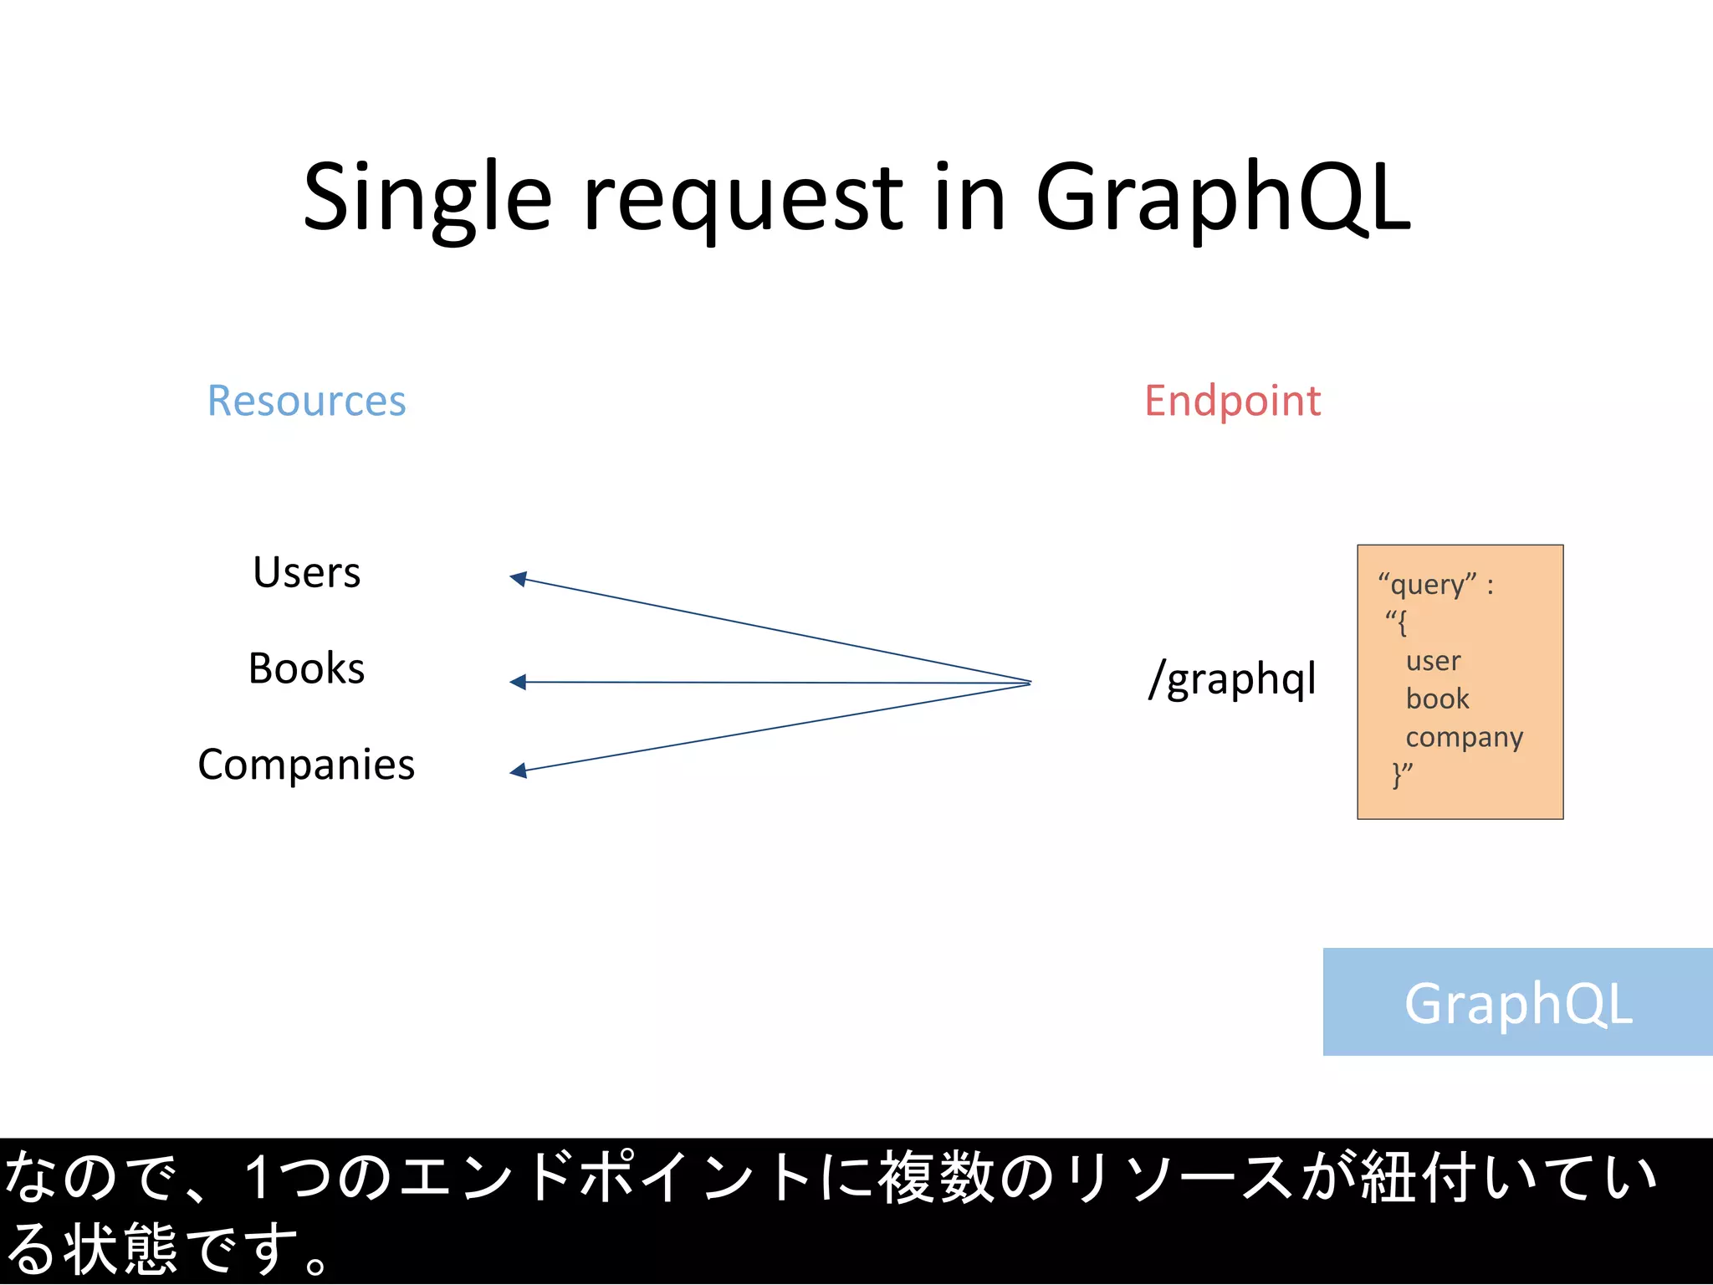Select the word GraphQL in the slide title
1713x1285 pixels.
click(x=1223, y=199)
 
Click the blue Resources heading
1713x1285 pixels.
click(x=306, y=401)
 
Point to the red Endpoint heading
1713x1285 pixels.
click(x=1232, y=401)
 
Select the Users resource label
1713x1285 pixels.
click(x=306, y=573)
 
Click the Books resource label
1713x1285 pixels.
click(x=306, y=668)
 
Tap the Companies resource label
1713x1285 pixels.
click(x=306, y=765)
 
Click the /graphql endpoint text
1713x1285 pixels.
click(x=1232, y=678)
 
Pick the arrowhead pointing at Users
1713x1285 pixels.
click(x=519, y=578)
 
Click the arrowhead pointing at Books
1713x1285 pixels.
click(x=519, y=682)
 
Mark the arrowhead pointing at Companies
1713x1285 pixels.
click(x=519, y=770)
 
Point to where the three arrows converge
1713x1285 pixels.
click(x=1029, y=683)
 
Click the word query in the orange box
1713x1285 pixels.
click(x=1427, y=585)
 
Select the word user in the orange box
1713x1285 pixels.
click(x=1433, y=661)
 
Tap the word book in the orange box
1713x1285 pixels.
click(x=1437, y=699)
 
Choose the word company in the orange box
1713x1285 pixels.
click(x=1464, y=737)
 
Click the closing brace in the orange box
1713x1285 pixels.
click(x=1397, y=775)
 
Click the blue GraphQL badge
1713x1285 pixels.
click(x=1517, y=1002)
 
